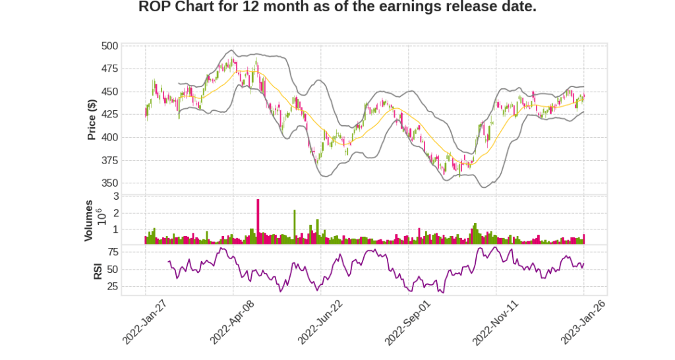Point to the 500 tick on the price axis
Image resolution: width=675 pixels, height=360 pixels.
coord(110,46)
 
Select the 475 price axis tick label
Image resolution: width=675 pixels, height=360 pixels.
coord(110,69)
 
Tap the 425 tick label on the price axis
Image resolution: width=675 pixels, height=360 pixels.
coord(110,115)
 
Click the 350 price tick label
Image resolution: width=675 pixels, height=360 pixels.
coord(110,183)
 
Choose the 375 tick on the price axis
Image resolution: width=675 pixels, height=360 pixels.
coord(110,160)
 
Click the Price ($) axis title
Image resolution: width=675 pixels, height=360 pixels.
coord(92,119)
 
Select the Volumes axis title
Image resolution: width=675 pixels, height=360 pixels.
coord(88,220)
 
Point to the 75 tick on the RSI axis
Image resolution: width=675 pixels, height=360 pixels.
coord(113,252)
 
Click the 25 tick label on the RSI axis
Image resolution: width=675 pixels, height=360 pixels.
coord(113,286)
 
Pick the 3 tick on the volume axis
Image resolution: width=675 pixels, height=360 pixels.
coord(116,196)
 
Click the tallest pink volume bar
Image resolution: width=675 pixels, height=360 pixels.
coord(258,221)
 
